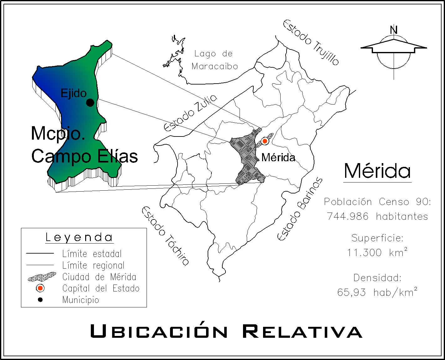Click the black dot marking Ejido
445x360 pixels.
point(90,102)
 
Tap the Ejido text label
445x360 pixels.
point(73,93)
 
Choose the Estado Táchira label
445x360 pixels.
point(165,236)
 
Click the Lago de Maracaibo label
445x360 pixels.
point(215,60)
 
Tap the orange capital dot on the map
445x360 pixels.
point(265,141)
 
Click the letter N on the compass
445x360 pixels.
point(394,30)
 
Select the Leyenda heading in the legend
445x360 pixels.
point(79,237)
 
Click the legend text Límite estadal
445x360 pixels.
point(92,254)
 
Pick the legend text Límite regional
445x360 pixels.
point(93,265)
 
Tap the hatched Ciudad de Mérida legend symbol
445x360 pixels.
point(42,277)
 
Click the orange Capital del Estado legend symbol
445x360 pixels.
point(40,288)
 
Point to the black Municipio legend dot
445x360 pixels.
point(40,300)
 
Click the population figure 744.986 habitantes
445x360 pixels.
point(377,216)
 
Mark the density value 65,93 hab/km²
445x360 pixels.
point(377,292)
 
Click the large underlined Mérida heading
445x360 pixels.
point(377,171)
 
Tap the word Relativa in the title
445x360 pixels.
point(302,332)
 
